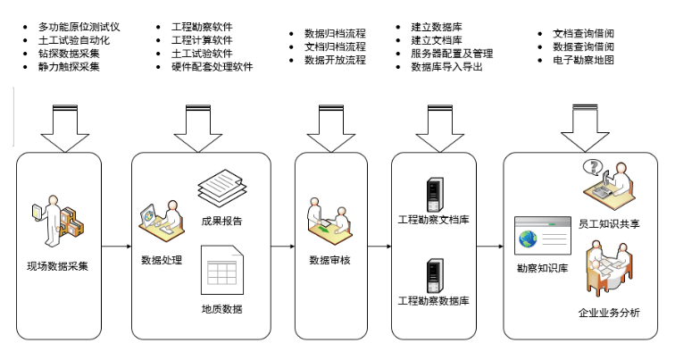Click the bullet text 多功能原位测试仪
(79, 28)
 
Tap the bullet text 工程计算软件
(202, 41)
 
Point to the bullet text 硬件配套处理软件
(212, 67)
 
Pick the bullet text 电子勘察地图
(583, 61)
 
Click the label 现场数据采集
(59, 265)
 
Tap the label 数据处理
(162, 260)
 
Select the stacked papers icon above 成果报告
(221, 188)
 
